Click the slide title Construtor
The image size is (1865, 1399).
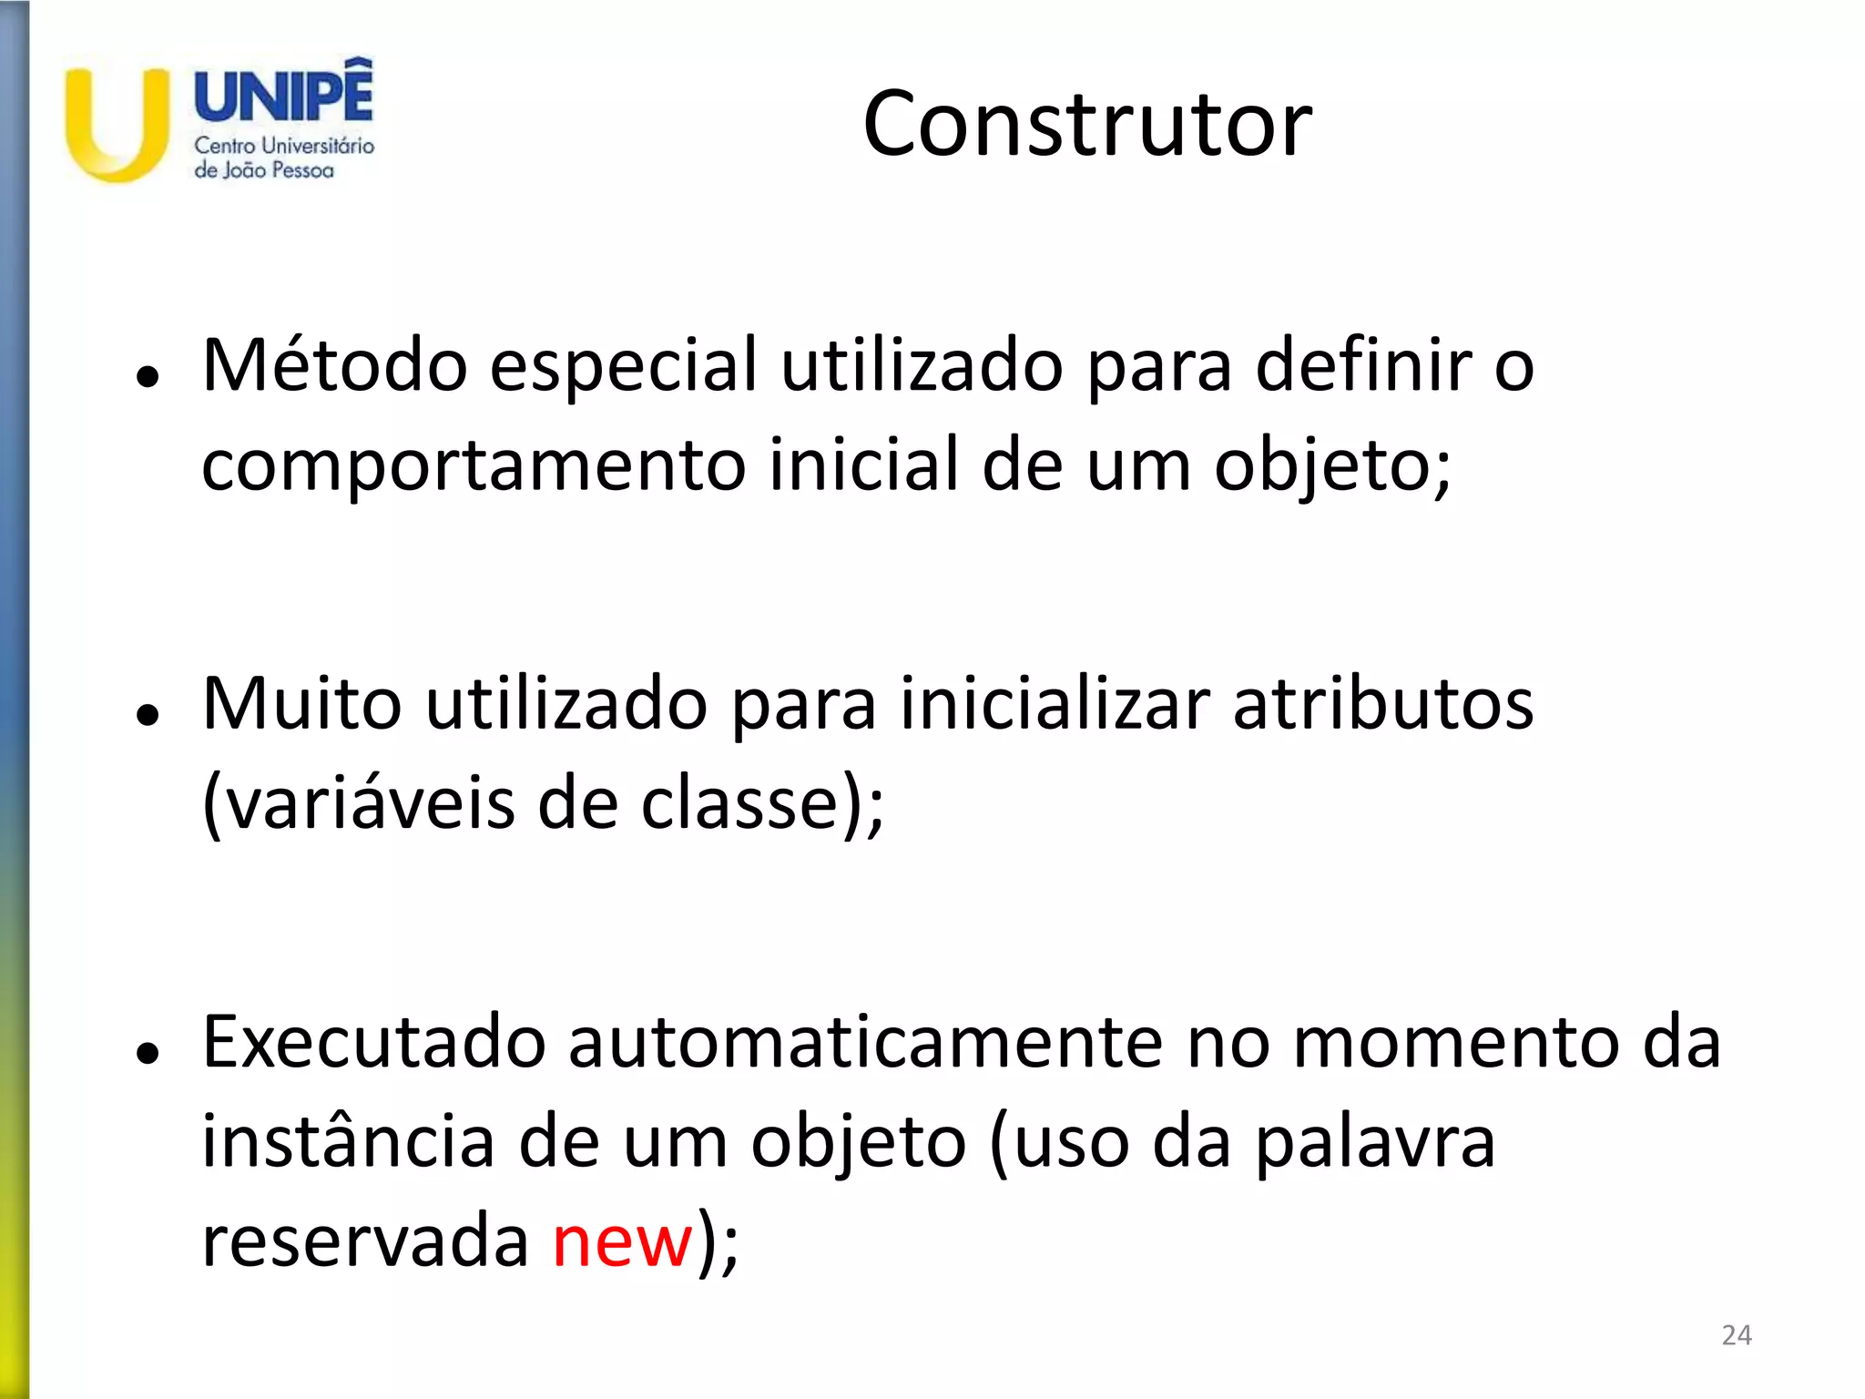click(x=1087, y=124)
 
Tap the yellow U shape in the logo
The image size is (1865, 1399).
click(x=116, y=128)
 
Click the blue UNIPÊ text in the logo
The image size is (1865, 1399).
click(x=284, y=93)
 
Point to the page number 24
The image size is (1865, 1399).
click(x=1737, y=1335)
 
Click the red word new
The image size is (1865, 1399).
click(x=623, y=1241)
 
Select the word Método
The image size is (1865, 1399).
click(x=334, y=366)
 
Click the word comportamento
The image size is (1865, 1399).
click(x=474, y=465)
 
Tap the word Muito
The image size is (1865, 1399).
click(x=301, y=704)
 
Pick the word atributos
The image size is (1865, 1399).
click(x=1383, y=704)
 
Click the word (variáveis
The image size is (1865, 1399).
click(x=358, y=803)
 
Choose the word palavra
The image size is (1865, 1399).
click(x=1375, y=1142)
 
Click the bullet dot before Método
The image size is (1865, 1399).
click(x=147, y=376)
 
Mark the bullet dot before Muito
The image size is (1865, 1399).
click(x=147, y=715)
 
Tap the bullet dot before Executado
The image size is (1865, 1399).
click(x=147, y=1053)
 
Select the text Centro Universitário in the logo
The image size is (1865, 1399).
click(x=284, y=146)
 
